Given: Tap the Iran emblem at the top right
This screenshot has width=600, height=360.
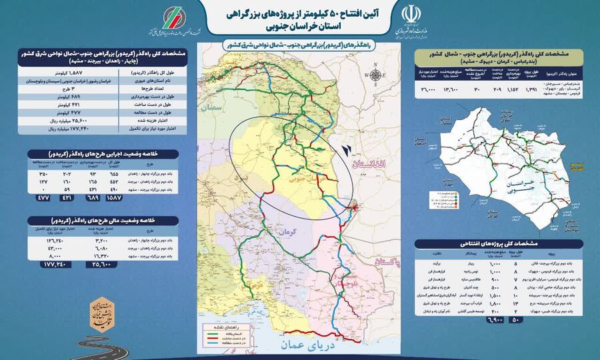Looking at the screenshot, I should [409, 16].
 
